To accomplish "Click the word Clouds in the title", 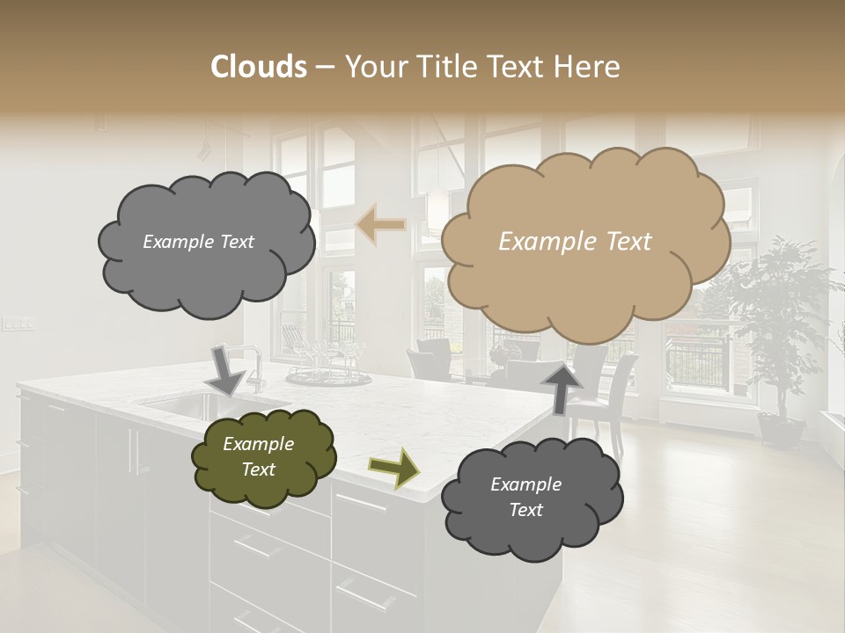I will point(259,67).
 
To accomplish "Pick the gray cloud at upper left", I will point(206,242).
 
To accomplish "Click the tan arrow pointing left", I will point(381,225).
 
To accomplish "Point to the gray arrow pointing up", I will point(562,388).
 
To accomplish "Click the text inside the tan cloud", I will point(575,242).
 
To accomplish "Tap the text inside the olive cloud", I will point(258,456).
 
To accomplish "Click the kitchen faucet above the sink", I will point(254,365).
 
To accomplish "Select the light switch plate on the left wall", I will point(18,324).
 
